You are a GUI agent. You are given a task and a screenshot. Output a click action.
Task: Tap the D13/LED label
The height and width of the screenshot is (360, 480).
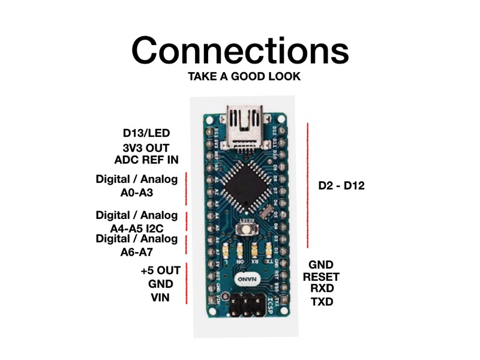pos(149,133)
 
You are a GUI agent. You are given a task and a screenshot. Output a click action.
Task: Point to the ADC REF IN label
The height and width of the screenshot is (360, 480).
pos(146,160)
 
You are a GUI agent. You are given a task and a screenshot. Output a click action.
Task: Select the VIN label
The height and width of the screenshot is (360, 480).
pos(159,296)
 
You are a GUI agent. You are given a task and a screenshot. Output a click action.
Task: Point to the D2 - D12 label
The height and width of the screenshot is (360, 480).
pos(341,186)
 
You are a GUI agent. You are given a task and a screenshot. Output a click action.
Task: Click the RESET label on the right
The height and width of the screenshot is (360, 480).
pos(321,277)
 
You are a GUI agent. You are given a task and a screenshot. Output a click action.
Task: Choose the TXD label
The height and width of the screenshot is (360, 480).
pos(322,302)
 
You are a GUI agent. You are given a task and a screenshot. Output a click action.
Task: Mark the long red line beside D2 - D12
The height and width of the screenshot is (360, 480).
pos(308,185)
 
